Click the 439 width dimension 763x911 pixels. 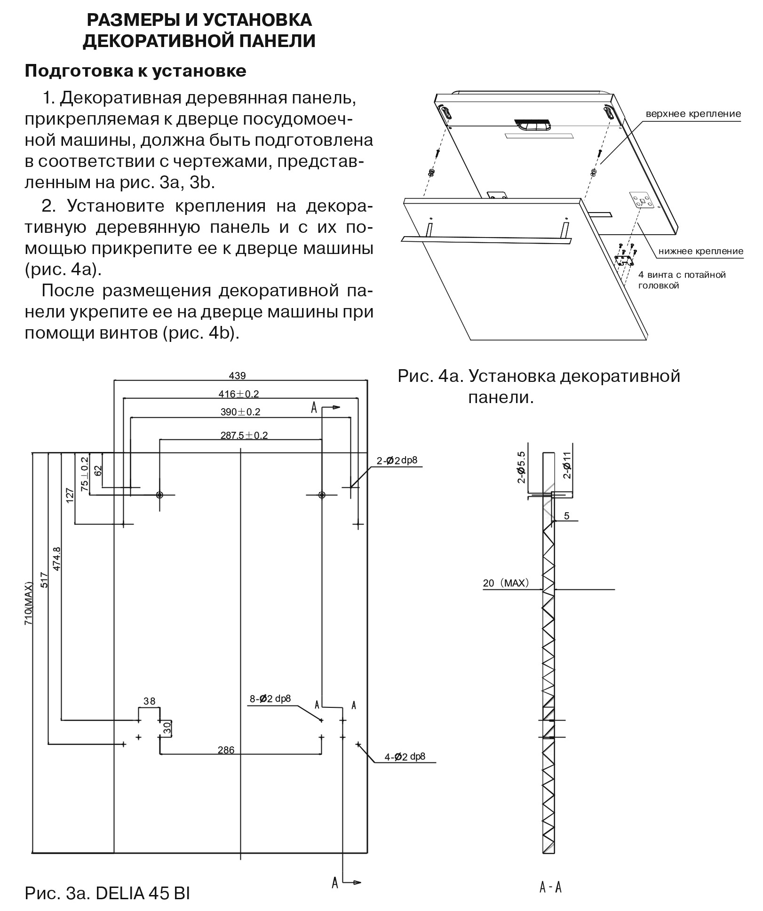[237, 375]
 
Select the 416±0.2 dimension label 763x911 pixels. [238, 394]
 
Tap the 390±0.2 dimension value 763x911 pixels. [240, 412]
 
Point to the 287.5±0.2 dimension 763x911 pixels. [244, 435]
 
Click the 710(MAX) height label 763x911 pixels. [29, 603]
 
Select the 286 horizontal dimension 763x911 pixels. [226, 750]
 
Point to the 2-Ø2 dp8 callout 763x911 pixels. [397, 460]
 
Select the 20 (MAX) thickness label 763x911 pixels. [506, 583]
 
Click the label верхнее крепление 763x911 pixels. [693, 114]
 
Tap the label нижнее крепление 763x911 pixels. [700, 251]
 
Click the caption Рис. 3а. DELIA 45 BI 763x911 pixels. [107, 893]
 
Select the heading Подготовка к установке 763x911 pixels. [135, 71]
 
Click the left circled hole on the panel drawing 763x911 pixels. [159, 495]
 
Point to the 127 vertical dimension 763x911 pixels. [70, 496]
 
